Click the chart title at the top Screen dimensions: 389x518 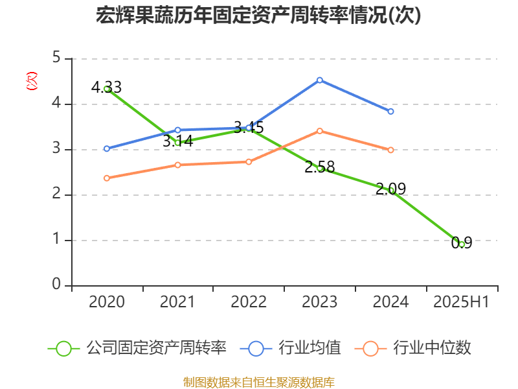click(x=258, y=15)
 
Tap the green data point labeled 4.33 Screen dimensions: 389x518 click(x=107, y=89)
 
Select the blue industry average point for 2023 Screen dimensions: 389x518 click(x=320, y=80)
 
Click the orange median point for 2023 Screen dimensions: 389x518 click(x=320, y=131)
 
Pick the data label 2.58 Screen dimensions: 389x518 click(x=320, y=167)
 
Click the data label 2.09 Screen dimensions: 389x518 click(x=391, y=189)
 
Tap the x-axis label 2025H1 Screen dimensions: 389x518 click(x=461, y=302)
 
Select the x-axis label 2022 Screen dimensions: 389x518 click(x=249, y=302)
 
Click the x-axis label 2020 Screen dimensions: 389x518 click(x=107, y=302)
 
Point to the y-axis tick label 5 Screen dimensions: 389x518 click(x=57, y=58)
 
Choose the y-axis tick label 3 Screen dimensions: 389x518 click(x=57, y=149)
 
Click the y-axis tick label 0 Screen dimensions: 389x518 click(x=57, y=285)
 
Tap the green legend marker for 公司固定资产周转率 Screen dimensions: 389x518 click(x=63, y=348)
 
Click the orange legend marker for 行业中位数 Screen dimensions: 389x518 click(x=370, y=348)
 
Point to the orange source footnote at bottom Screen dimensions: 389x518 click(x=258, y=382)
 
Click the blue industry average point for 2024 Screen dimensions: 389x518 click(x=390, y=112)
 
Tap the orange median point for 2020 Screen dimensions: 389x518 click(x=107, y=178)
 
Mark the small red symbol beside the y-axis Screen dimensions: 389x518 click(x=31, y=81)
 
